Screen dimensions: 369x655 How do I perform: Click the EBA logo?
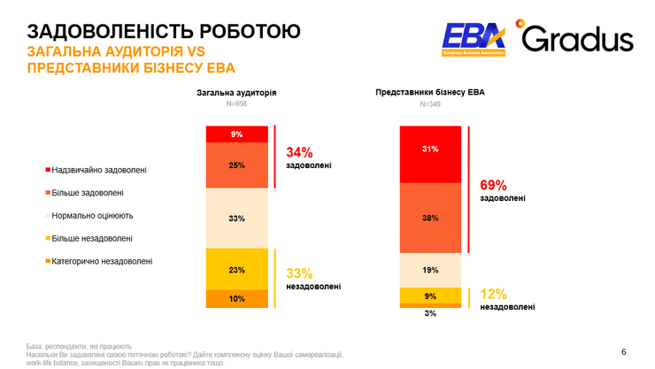click(x=474, y=39)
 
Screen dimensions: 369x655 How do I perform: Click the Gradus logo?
click(x=576, y=38)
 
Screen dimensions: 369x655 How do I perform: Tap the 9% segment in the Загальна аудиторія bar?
click(x=236, y=135)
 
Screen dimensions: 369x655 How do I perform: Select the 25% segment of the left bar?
click(x=236, y=165)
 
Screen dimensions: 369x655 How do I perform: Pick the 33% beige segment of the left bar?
click(x=236, y=218)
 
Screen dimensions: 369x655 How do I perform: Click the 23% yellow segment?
click(x=236, y=270)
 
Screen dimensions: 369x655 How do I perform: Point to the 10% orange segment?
click(x=236, y=299)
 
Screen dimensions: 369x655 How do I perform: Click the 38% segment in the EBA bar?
click(x=430, y=218)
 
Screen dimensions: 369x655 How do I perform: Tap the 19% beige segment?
click(x=430, y=270)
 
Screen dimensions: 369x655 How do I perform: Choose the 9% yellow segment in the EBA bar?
click(x=430, y=296)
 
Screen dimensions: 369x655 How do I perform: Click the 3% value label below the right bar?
click(x=430, y=313)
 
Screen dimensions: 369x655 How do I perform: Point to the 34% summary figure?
click(x=299, y=153)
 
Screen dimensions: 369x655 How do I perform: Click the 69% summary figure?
click(x=493, y=185)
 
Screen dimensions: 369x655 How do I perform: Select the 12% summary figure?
click(x=493, y=294)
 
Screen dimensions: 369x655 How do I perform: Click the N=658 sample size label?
click(x=236, y=104)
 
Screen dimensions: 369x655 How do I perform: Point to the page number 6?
click(x=623, y=352)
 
